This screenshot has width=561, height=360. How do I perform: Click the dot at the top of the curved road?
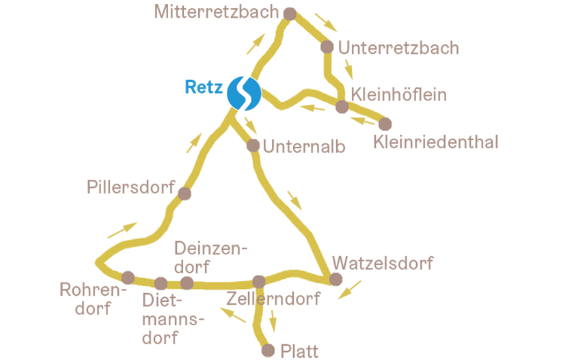pyautogui.click(x=184, y=195)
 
